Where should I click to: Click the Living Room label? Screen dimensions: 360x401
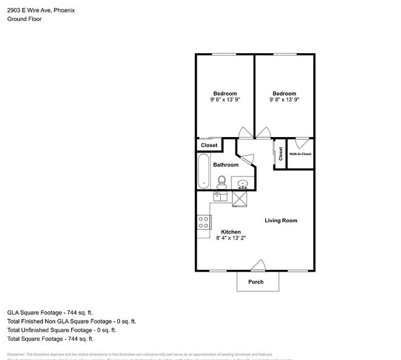pyautogui.click(x=281, y=220)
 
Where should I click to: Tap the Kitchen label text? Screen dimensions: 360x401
pyautogui.click(x=231, y=232)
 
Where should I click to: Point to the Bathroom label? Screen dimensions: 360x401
pyautogui.click(x=226, y=165)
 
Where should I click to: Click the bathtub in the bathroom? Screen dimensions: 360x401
pyautogui.click(x=204, y=171)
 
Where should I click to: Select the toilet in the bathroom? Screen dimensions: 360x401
pyautogui.click(x=221, y=181)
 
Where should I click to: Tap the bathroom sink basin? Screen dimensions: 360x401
pyautogui.click(x=242, y=183)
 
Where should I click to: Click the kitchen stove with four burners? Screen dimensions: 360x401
pyautogui.click(x=204, y=222)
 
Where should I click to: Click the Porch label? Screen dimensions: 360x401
pyautogui.click(x=255, y=282)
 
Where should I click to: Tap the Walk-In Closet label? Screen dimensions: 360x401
pyautogui.click(x=300, y=154)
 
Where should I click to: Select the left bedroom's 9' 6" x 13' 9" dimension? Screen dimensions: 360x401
pyautogui.click(x=225, y=99)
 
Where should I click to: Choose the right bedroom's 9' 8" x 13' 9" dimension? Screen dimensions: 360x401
pyautogui.click(x=284, y=99)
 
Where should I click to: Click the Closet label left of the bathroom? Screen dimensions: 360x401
pyautogui.click(x=209, y=145)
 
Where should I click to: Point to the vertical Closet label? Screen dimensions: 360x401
pyautogui.click(x=281, y=153)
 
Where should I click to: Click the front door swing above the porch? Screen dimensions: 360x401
pyautogui.click(x=258, y=266)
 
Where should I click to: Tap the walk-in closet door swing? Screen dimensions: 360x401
pyautogui.click(x=302, y=141)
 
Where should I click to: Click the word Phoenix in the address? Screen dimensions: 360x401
pyautogui.click(x=65, y=10)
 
